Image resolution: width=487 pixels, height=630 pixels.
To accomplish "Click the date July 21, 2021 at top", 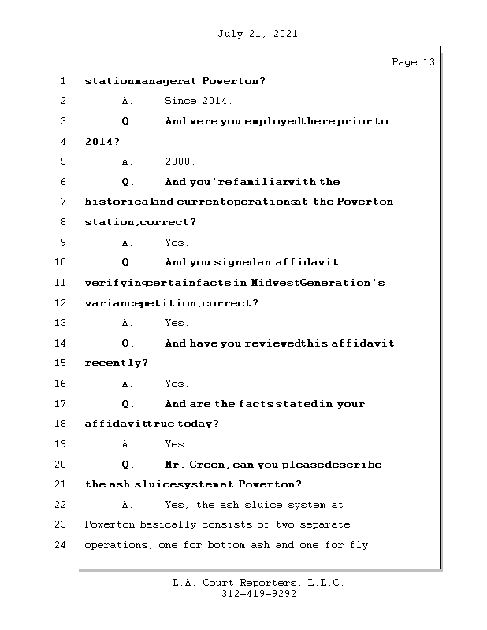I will point(257,34).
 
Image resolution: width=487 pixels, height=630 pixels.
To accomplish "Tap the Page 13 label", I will point(413,62).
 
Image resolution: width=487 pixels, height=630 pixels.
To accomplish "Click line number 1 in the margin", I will point(62,81).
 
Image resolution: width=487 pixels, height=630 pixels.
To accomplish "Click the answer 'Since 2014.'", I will point(199,102).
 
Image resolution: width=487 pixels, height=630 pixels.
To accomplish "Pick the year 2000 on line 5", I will point(180,161).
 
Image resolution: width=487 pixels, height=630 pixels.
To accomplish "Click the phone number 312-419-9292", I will point(258,595).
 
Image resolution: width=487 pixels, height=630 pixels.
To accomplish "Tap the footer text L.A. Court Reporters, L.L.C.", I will point(258,583).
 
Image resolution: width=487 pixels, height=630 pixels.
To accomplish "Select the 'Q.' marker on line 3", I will point(128,122).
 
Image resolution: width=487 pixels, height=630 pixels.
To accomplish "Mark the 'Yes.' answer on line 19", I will point(177,444).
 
